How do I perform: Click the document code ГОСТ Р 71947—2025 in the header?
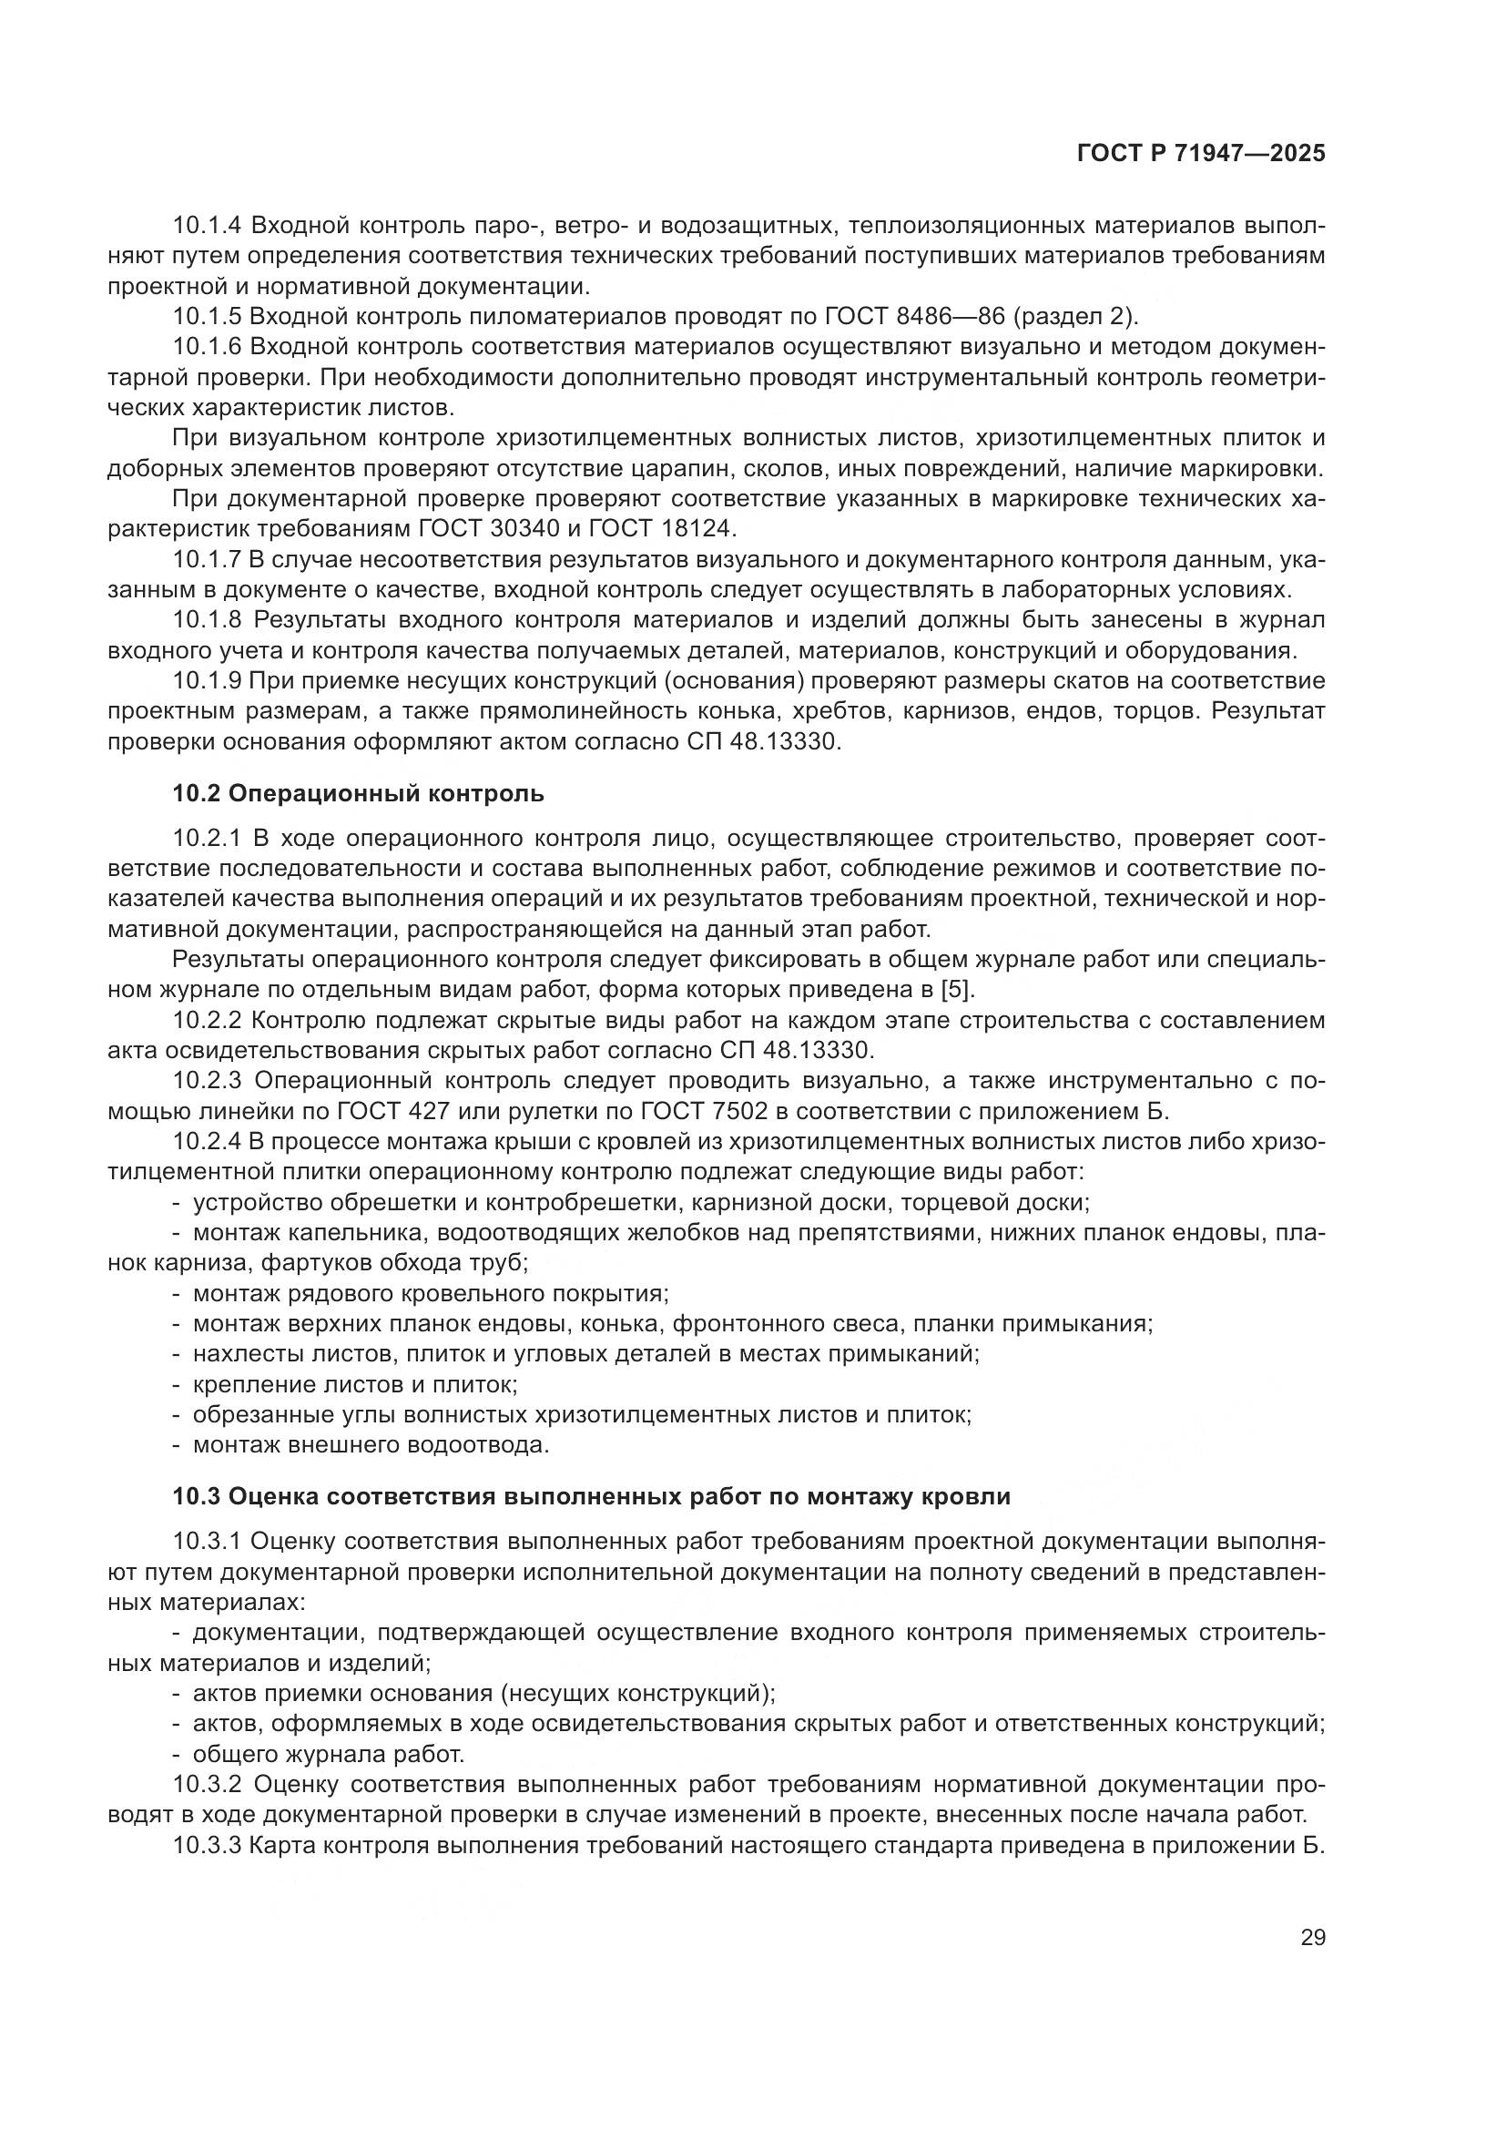[1201, 154]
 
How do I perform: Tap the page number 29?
[1312, 1936]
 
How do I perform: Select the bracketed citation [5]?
[957, 989]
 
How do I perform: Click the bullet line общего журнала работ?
[329, 1753]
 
